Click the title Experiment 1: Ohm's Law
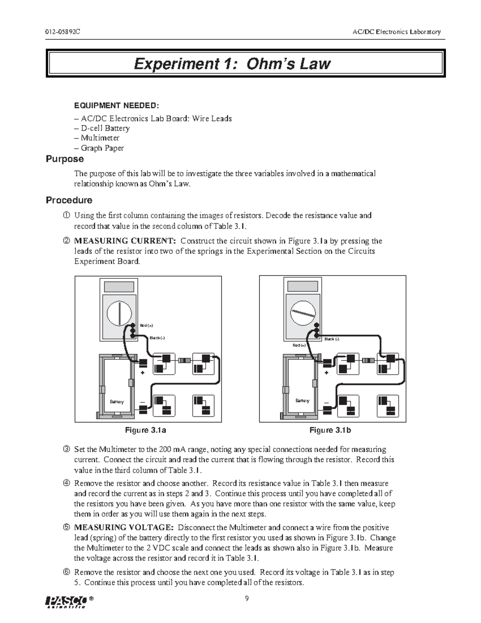coord(232,64)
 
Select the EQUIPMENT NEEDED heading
coord(116,106)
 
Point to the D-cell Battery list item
coord(105,128)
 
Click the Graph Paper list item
coord(102,148)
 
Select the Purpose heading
coord(65,159)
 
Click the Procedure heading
coord(69,200)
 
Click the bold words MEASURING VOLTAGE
coord(124,528)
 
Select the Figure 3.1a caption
coord(146,430)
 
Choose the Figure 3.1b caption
coord(330,430)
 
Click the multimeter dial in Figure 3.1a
coord(119,314)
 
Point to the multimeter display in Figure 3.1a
coord(119,287)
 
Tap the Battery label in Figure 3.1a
coord(117,402)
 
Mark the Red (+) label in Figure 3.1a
coord(146,325)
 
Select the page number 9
coord(247,599)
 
